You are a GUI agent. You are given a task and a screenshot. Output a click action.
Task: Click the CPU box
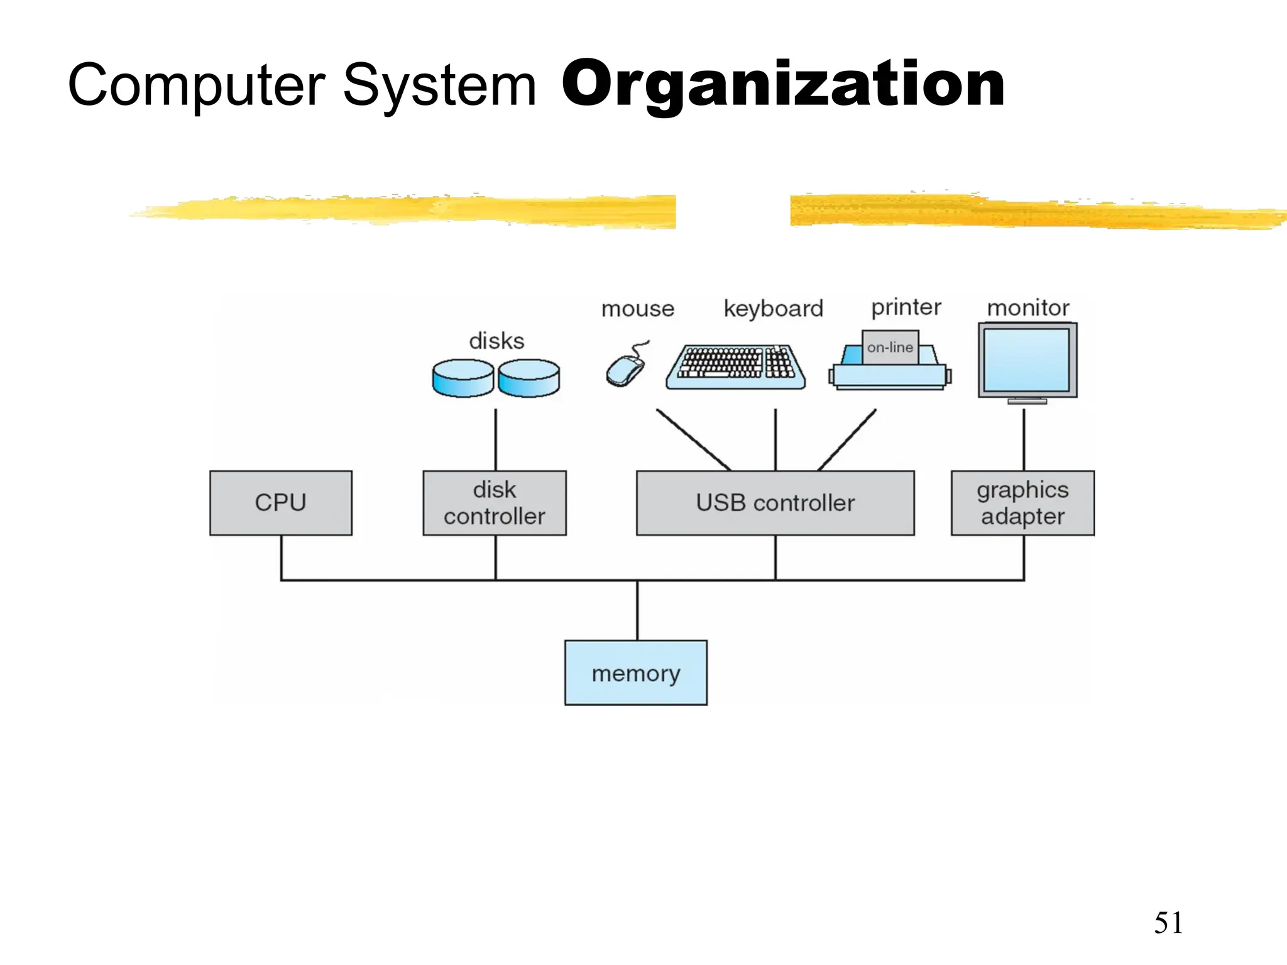tap(281, 503)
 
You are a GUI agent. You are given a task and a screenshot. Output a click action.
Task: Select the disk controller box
tap(495, 503)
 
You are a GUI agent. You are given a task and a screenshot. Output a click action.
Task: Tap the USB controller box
tap(775, 503)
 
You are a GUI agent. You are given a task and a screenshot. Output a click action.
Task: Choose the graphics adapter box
tap(1022, 503)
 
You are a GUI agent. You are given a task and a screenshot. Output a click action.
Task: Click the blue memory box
tap(636, 673)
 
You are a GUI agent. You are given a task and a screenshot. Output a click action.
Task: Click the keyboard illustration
tap(735, 368)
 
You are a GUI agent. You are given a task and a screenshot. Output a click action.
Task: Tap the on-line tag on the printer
tap(890, 347)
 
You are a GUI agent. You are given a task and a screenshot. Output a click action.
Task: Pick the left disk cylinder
tap(463, 378)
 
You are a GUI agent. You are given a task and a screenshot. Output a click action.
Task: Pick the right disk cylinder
tap(529, 378)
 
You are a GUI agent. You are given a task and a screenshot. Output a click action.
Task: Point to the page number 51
tap(1168, 923)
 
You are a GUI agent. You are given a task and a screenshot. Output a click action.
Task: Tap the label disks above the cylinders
tap(496, 341)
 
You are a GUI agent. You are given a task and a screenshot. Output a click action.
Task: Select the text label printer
tap(906, 307)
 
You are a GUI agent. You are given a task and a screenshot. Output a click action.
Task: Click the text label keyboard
tap(773, 308)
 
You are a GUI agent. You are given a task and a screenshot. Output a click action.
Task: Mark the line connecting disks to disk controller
tap(495, 440)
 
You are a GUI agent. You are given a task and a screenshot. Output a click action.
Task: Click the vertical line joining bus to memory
tap(637, 610)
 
